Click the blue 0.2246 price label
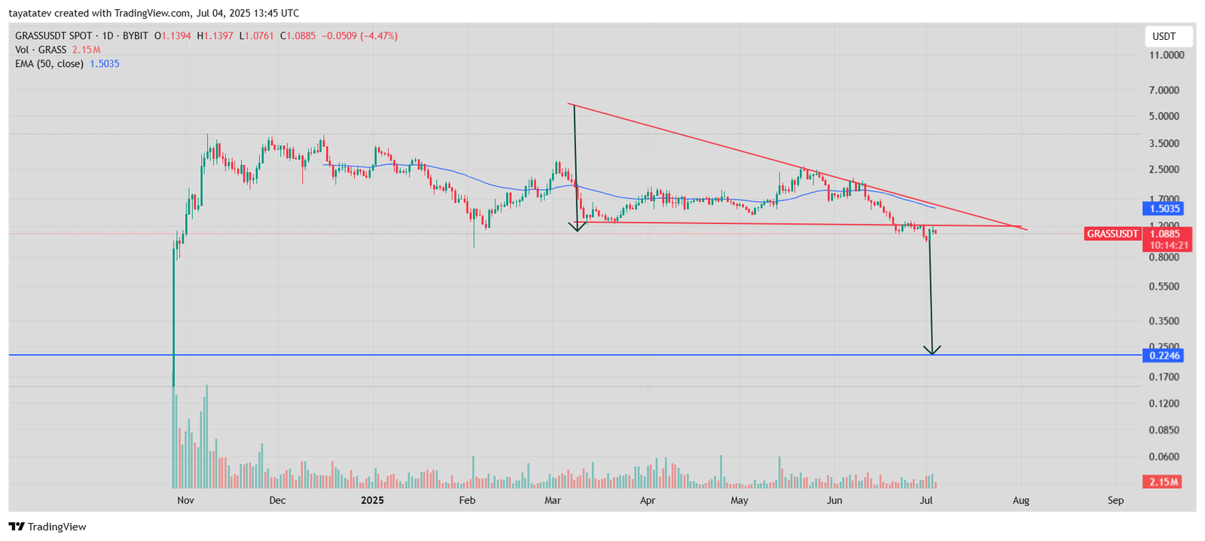1164,356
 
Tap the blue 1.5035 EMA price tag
1164,209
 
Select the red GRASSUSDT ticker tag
1112,234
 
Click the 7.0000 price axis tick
1164,90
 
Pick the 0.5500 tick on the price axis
1164,286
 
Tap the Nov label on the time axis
185,500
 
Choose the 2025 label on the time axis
372,500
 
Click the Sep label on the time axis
1115,500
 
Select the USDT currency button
1164,36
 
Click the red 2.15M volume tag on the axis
1162,482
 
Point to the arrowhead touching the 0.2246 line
932,350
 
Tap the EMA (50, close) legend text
49,64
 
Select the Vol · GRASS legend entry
41,50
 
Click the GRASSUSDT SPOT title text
53,35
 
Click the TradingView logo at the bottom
47,527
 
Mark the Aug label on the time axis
1020,500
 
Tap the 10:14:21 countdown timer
1169,245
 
